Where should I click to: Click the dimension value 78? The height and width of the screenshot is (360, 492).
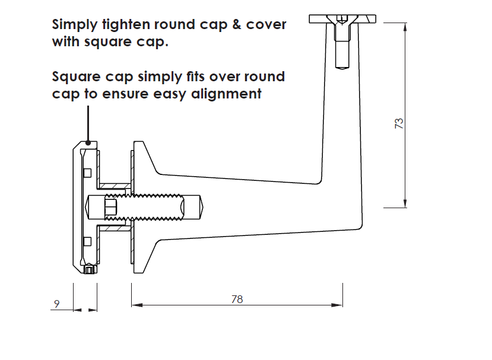[237, 299]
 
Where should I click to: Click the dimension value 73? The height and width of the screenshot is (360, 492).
[399, 123]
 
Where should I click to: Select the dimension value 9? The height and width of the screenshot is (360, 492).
[57, 304]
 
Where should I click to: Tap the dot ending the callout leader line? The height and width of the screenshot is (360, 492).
[88, 142]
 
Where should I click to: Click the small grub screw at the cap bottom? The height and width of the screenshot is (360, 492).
[90, 271]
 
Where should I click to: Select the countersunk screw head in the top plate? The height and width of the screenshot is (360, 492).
[342, 23]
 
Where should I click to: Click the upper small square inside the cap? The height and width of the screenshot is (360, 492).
[87, 173]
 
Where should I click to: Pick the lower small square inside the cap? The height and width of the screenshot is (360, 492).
[87, 241]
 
